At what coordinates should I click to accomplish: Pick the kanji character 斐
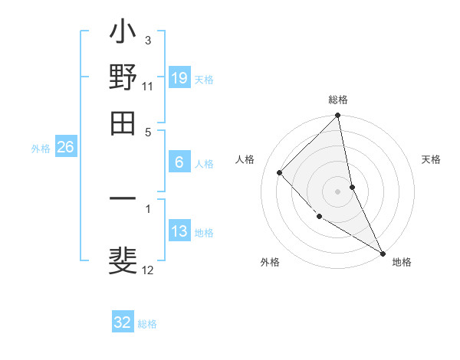coord(123,258)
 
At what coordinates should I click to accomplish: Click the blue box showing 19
coord(179,78)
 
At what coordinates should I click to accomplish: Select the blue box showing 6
coord(179,162)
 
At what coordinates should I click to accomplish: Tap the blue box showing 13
coord(179,231)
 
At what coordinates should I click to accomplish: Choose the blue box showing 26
coord(66,148)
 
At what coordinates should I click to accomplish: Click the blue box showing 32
coord(123,322)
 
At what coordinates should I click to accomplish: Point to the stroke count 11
coord(148,86)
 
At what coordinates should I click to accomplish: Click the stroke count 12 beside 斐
coord(148,270)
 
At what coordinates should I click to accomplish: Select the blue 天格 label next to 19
coord(204,80)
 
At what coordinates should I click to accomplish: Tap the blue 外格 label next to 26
coord(41,149)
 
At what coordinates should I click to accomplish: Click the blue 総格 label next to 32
coord(147,324)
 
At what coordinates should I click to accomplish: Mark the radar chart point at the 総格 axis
coord(337,116)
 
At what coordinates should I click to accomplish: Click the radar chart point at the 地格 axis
coord(382,253)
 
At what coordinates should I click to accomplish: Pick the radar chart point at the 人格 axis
coord(280,172)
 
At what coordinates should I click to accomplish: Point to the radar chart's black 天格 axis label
coord(432,159)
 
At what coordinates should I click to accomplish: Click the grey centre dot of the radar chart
coord(337,191)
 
